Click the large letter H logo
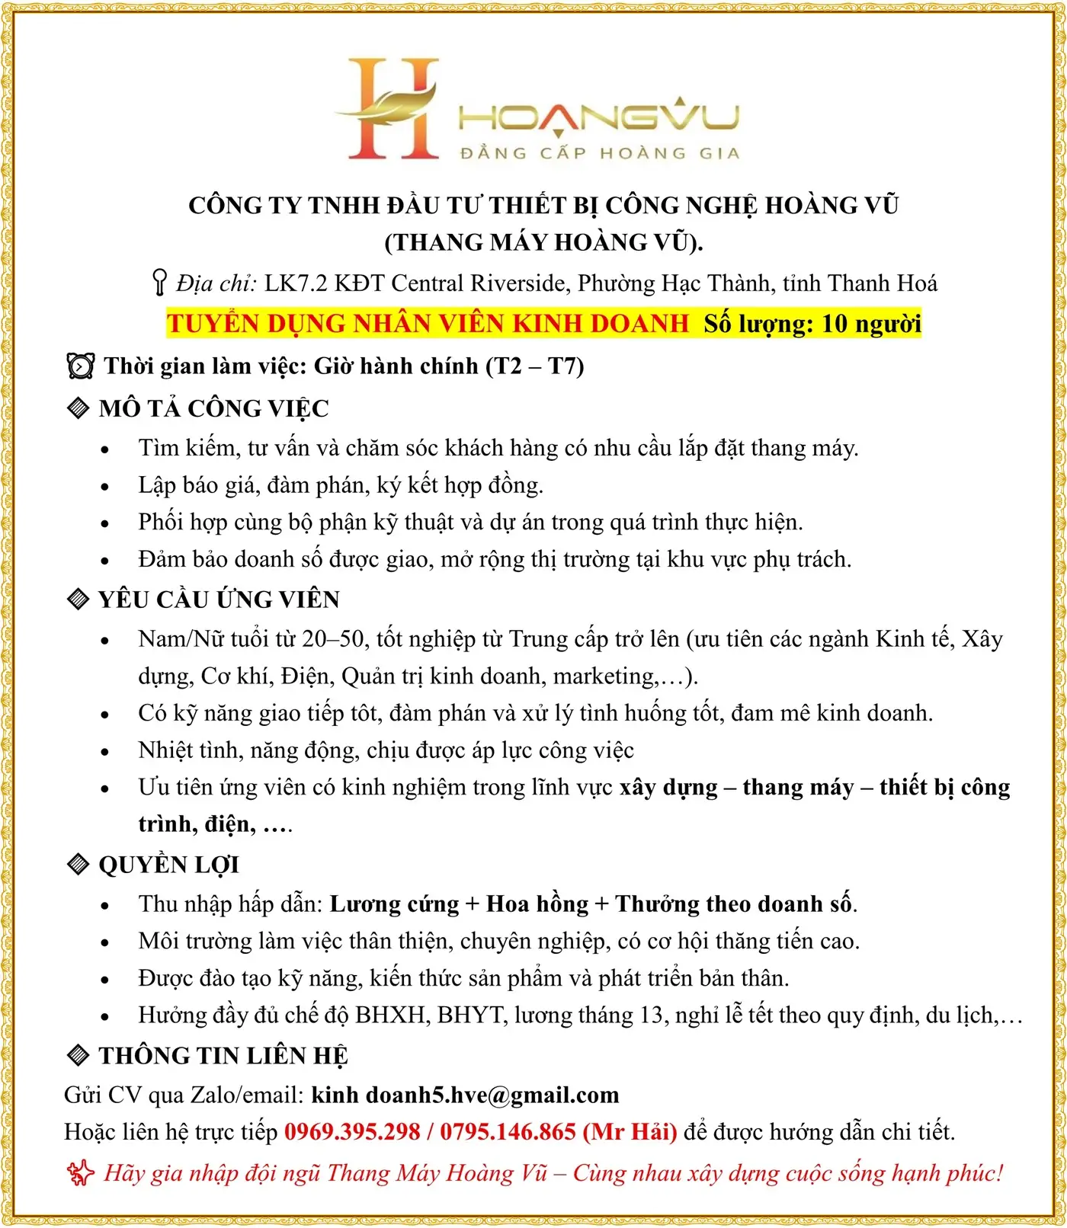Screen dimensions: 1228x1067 coord(393,109)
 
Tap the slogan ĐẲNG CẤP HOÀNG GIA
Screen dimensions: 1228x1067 coord(599,154)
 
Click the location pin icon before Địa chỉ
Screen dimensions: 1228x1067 coord(159,283)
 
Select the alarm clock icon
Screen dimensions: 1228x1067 coord(81,366)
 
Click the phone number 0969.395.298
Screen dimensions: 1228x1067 coord(352,1132)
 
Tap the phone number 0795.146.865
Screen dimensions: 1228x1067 coord(508,1132)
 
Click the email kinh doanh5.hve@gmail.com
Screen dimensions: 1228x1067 coord(465,1095)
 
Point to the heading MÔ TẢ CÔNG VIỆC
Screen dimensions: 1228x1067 coord(213,408)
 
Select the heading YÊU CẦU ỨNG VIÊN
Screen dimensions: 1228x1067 coord(219,600)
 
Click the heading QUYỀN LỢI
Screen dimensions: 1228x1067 coord(168,865)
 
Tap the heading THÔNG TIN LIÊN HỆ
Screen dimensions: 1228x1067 coord(223,1056)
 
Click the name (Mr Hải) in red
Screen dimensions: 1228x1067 coord(630,1132)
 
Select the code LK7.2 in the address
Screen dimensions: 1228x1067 coord(296,283)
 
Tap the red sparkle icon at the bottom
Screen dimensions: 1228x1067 coord(80,1173)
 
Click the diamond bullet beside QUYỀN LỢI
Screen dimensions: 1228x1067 coord(79,865)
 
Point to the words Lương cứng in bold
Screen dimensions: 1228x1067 coord(394,904)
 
